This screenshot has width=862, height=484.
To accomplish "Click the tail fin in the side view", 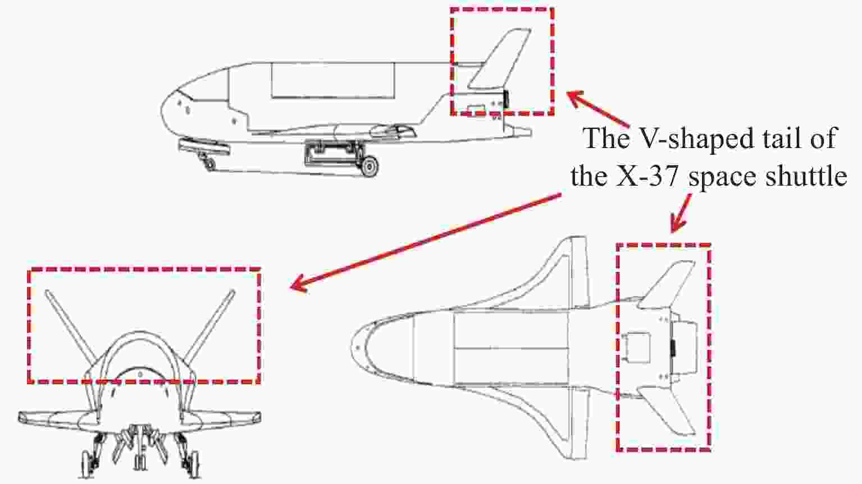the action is pos(501,59).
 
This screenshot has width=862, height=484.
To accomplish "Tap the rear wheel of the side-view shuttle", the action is pos(370,167).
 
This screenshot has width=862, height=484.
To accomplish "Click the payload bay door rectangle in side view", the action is pos(333,80).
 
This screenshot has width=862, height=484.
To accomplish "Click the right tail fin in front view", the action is pos(209,324).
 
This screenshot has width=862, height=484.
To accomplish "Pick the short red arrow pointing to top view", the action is pos(681,213).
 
